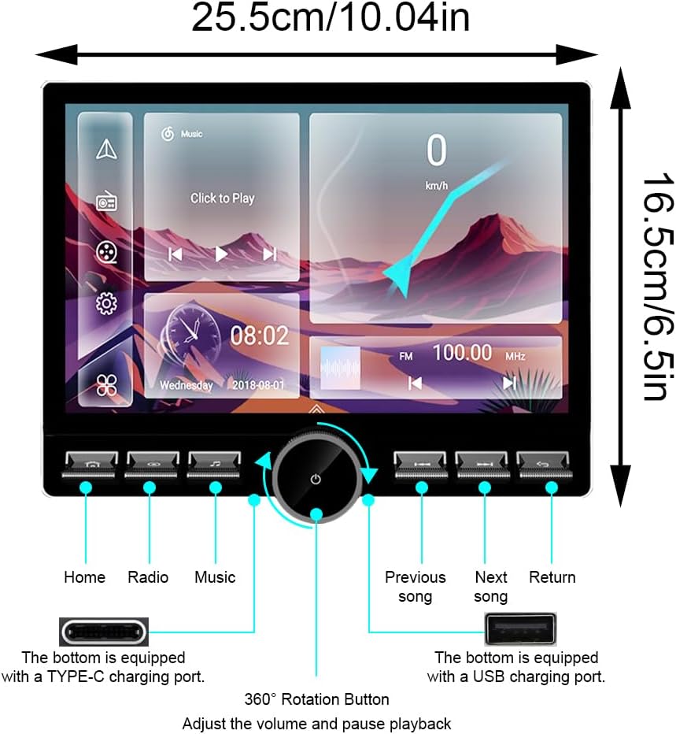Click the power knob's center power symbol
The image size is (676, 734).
coord(316,479)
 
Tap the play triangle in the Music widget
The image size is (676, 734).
coord(221,254)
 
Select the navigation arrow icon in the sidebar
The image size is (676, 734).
coord(106,149)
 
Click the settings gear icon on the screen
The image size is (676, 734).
coord(106,302)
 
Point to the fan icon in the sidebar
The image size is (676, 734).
coord(106,385)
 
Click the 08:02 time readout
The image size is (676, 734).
coord(259,336)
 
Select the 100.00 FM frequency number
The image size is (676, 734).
coord(462,353)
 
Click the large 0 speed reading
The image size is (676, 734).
coord(436,151)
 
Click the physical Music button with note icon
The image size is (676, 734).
coord(214,464)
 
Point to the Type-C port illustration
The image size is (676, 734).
coord(104,632)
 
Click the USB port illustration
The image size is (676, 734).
coord(519,628)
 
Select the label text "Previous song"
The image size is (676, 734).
coord(415,587)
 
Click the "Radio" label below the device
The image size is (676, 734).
coord(148,577)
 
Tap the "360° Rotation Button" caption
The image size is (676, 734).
coord(316,699)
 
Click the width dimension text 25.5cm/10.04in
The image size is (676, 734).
coord(331,19)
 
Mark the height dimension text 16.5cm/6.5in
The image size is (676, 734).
coord(654,287)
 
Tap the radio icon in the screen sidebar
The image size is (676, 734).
coord(106,202)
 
